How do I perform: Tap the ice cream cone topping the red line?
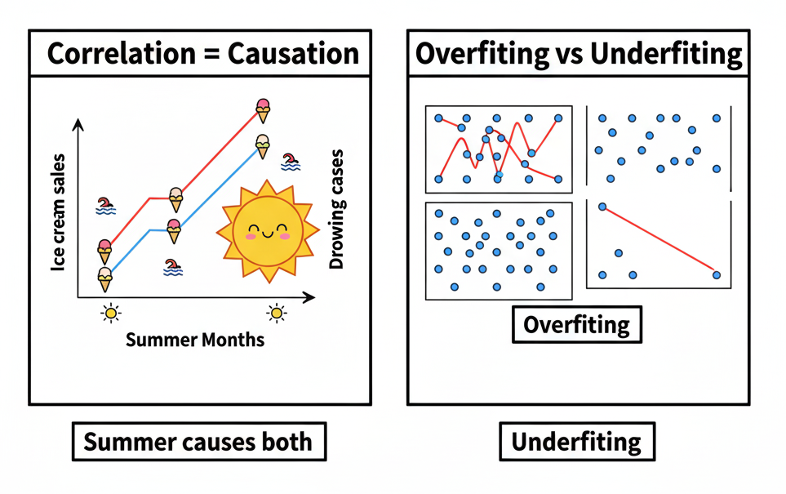[263, 109]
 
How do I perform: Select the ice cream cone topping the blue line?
[262, 145]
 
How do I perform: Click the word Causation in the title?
[294, 54]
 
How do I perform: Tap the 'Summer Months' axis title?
[195, 339]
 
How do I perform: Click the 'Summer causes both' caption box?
[198, 443]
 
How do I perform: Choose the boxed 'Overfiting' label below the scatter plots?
[576, 325]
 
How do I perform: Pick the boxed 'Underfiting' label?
[576, 443]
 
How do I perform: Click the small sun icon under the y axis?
[110, 312]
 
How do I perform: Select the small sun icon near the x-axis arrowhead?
[277, 312]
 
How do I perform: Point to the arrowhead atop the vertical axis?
[78, 123]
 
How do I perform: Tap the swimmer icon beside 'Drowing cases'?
[290, 162]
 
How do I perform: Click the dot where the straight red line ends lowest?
[717, 274]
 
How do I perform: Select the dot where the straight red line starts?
[603, 207]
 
